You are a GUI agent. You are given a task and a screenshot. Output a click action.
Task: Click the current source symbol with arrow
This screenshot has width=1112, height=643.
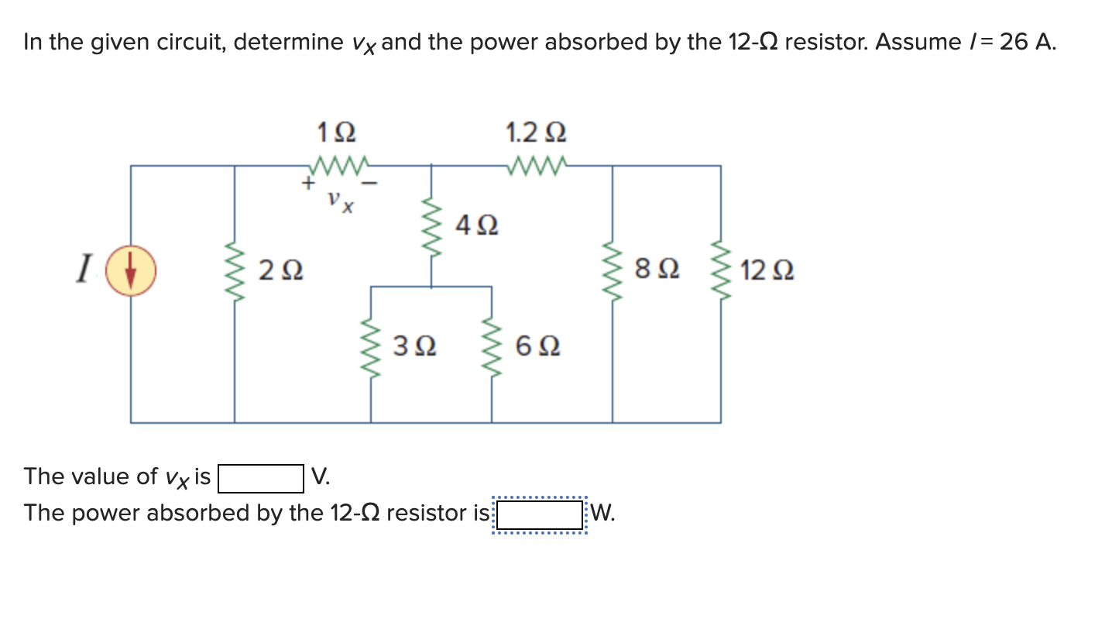[131, 270]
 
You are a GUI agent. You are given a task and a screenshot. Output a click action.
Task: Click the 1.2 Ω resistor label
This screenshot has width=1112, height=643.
[535, 132]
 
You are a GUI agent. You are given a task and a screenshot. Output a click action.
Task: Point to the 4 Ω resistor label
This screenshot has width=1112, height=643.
[476, 226]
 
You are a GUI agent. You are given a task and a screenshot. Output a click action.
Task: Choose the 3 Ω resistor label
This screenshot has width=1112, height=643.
[415, 346]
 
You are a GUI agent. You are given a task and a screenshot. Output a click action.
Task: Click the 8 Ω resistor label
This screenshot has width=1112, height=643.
[657, 270]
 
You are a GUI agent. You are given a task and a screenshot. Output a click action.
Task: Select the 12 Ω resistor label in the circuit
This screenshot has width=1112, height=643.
[766, 272]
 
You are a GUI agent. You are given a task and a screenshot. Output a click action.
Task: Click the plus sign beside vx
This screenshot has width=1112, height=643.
[307, 184]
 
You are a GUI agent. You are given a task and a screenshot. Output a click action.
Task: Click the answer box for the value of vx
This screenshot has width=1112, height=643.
[260, 478]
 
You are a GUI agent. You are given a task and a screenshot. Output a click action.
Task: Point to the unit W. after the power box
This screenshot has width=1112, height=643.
[604, 514]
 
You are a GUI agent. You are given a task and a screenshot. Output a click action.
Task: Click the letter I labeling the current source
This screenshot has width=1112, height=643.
[81, 270]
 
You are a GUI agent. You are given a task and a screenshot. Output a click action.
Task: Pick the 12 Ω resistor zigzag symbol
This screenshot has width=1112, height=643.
[721, 271]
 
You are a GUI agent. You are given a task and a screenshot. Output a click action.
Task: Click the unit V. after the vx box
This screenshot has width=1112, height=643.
[321, 477]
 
